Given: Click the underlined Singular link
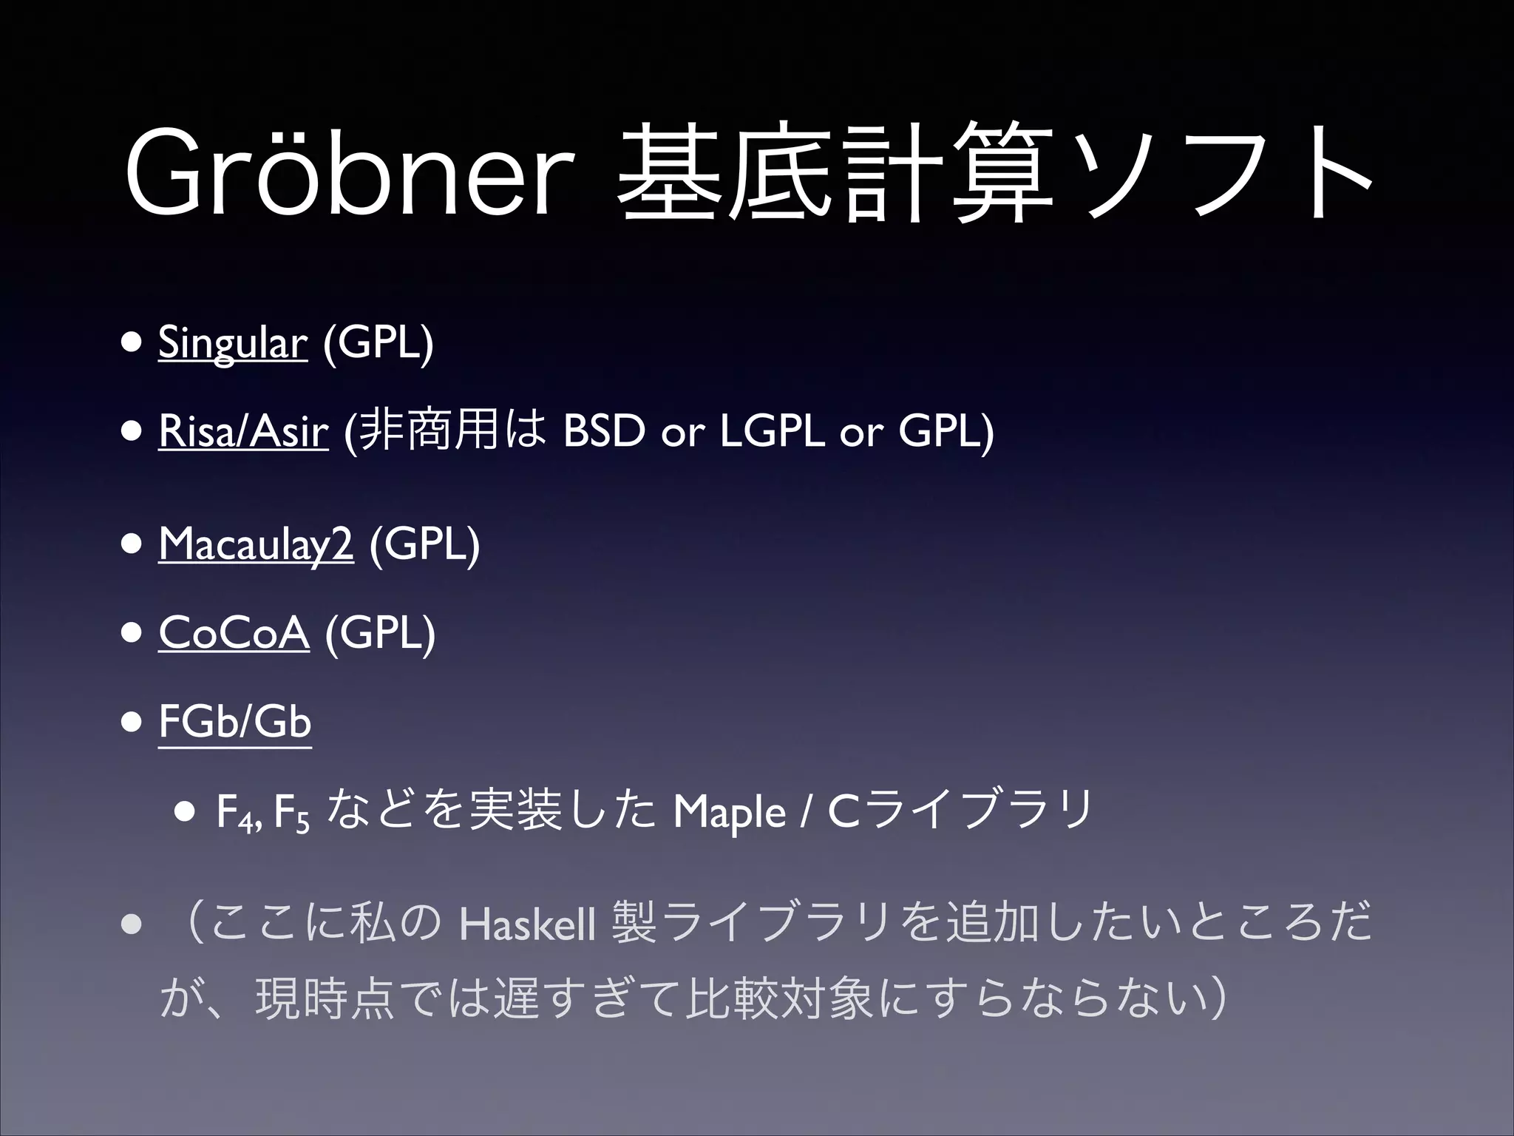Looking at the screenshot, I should (x=232, y=344).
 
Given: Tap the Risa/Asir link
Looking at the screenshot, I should (x=242, y=433).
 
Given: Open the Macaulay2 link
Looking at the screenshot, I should (x=256, y=545).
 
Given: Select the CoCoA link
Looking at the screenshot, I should (x=234, y=634).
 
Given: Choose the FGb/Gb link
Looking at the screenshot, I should (x=234, y=723).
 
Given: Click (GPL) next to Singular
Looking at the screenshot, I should (x=378, y=344).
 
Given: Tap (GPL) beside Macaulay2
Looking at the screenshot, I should (x=425, y=545).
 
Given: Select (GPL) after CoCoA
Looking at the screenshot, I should (x=380, y=634).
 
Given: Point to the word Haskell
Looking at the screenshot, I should (x=526, y=925).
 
